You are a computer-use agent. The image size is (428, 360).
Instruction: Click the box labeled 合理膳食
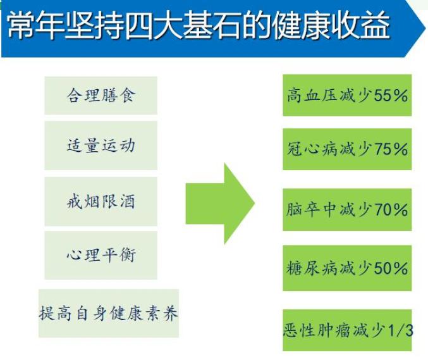click(x=101, y=96)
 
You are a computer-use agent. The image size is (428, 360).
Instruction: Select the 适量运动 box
click(x=101, y=146)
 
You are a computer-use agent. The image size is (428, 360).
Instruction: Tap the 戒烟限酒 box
click(x=101, y=202)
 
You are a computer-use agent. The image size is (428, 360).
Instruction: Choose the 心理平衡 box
click(x=101, y=255)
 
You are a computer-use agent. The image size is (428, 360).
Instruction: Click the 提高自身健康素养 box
click(x=109, y=313)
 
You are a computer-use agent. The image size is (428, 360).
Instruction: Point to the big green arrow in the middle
click(x=220, y=204)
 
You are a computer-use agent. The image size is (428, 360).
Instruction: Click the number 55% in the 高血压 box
click(x=391, y=96)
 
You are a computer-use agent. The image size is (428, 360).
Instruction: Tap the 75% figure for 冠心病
click(x=391, y=149)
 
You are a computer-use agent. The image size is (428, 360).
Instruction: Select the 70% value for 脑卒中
click(x=391, y=210)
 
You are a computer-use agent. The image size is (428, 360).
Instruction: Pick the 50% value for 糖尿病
click(x=391, y=268)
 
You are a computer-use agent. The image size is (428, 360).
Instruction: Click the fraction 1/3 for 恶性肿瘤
click(x=401, y=330)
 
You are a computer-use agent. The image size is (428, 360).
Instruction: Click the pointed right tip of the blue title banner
click(x=425, y=28)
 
